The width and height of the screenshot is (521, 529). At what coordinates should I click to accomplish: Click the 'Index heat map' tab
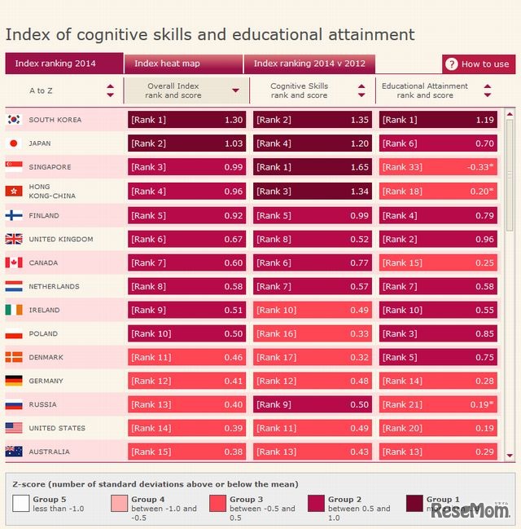167,64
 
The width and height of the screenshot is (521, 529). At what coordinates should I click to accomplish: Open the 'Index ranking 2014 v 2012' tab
309,64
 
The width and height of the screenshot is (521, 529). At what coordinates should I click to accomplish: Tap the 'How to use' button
478,64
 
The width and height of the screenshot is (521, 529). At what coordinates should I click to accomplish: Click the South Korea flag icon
14,120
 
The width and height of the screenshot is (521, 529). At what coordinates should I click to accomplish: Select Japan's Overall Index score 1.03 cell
186,143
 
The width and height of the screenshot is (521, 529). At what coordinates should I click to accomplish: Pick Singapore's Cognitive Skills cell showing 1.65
313,167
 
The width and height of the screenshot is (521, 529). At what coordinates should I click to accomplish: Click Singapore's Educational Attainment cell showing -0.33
438,167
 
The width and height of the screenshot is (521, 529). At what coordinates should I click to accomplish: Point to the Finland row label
44,216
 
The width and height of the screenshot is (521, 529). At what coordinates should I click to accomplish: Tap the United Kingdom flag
14,239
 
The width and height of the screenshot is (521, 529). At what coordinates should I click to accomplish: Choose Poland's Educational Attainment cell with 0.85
438,333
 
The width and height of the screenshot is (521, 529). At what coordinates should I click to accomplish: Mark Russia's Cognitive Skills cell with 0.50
313,404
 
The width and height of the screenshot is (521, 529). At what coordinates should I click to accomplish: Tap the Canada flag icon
14,262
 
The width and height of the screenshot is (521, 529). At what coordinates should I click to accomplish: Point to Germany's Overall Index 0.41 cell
186,381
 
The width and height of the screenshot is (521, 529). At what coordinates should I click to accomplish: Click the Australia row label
49,452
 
